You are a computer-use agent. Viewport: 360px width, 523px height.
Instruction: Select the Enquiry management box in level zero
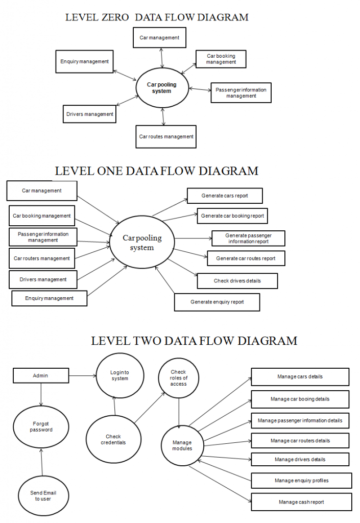tap(84, 61)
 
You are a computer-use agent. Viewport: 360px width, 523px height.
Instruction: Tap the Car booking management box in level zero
tap(221, 59)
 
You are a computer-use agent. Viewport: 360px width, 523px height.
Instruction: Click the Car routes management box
tap(166, 137)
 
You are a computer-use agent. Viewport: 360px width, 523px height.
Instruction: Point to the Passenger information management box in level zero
tap(241, 93)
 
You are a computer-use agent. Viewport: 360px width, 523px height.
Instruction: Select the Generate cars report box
tap(225, 196)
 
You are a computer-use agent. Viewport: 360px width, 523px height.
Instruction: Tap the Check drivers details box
tap(237, 281)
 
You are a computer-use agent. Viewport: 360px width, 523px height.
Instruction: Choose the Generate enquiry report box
tap(217, 302)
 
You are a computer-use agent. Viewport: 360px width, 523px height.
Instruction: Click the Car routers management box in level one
tap(42, 258)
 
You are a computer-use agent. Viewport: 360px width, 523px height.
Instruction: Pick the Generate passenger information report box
tap(248, 239)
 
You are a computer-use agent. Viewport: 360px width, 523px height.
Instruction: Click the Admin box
tap(41, 375)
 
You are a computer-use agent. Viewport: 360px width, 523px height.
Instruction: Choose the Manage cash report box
tap(301, 502)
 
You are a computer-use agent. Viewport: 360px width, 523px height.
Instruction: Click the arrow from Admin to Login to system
tap(83, 376)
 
